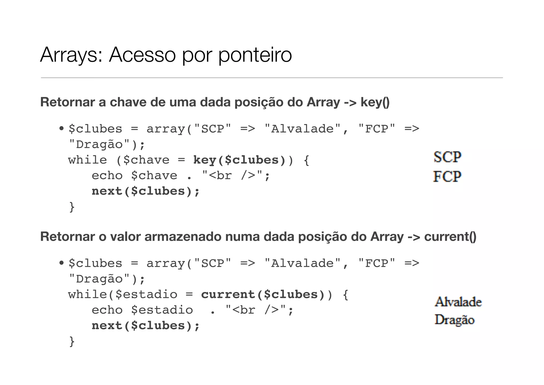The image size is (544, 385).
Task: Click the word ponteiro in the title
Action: tap(255, 55)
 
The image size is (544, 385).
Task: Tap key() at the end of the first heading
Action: tap(375, 102)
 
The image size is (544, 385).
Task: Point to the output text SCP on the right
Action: tap(447, 157)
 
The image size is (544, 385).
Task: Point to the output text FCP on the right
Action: tap(447, 176)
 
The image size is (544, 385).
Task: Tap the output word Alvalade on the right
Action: tap(458, 302)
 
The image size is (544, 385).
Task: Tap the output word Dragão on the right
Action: tap(454, 320)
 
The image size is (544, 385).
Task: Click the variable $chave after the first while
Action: tap(146, 160)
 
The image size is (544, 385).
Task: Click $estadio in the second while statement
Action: tap(146, 295)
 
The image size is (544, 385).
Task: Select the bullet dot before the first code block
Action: tap(61, 129)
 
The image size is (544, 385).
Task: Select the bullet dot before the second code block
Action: tap(61, 263)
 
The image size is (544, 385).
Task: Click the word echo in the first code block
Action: tap(107, 176)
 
